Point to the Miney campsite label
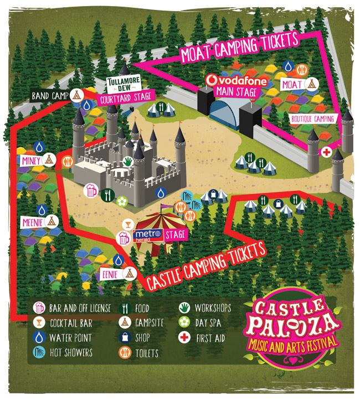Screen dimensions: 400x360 (29, 160)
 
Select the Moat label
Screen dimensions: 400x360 (291, 84)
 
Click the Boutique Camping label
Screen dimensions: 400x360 (313, 118)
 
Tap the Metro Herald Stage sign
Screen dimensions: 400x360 (160, 235)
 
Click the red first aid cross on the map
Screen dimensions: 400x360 (327, 152)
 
